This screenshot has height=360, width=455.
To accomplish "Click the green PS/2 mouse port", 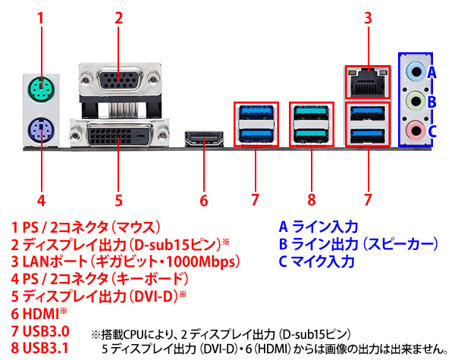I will point(41,93).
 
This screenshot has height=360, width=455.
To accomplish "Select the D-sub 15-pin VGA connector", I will point(118,83).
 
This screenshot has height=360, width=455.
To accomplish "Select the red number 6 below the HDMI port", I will point(203,201).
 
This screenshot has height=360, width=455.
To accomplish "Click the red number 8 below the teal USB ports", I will point(310,201).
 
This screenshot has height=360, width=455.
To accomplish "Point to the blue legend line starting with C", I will point(317,261).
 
